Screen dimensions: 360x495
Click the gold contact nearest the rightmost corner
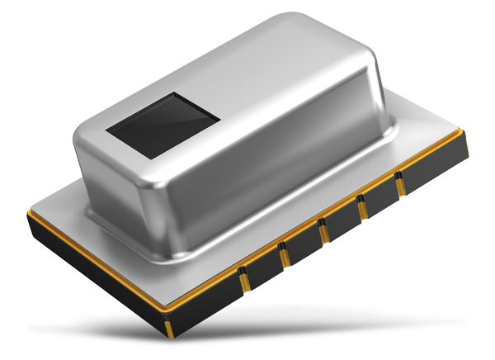[400, 187]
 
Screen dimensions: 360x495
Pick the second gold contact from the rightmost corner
[361, 211]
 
